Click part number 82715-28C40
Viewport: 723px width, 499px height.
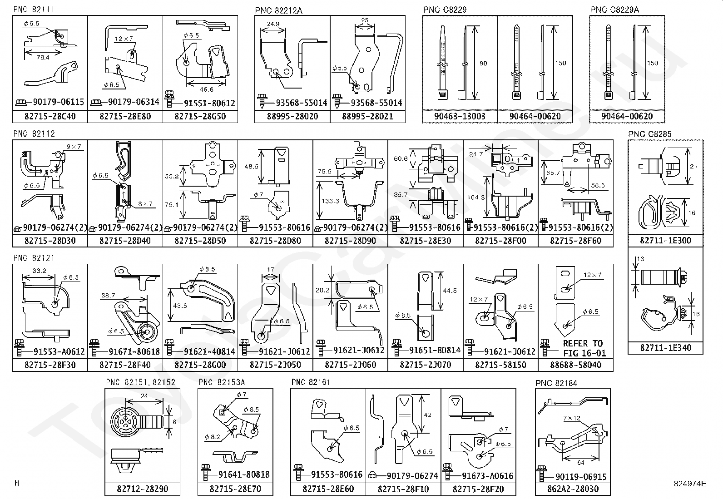[50, 116]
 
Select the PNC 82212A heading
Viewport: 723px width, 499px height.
[278, 10]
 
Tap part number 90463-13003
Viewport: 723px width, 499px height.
[460, 116]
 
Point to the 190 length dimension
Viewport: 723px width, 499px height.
[481, 63]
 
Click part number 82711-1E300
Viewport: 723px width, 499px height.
[665, 240]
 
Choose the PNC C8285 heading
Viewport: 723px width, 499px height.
[649, 134]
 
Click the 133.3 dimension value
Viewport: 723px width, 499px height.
[330, 201]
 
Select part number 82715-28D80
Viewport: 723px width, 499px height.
[275, 241]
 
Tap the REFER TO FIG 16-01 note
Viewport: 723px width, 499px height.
[583, 348]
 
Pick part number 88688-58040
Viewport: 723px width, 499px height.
[575, 365]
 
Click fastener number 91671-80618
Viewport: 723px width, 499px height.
[134, 351]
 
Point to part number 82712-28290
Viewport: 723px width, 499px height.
[142, 489]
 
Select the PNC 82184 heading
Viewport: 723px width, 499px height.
[556, 383]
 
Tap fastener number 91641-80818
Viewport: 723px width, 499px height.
[244, 474]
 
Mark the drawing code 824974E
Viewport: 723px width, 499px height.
[690, 484]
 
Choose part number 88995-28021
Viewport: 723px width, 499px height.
[367, 116]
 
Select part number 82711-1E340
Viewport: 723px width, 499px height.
[665, 348]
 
